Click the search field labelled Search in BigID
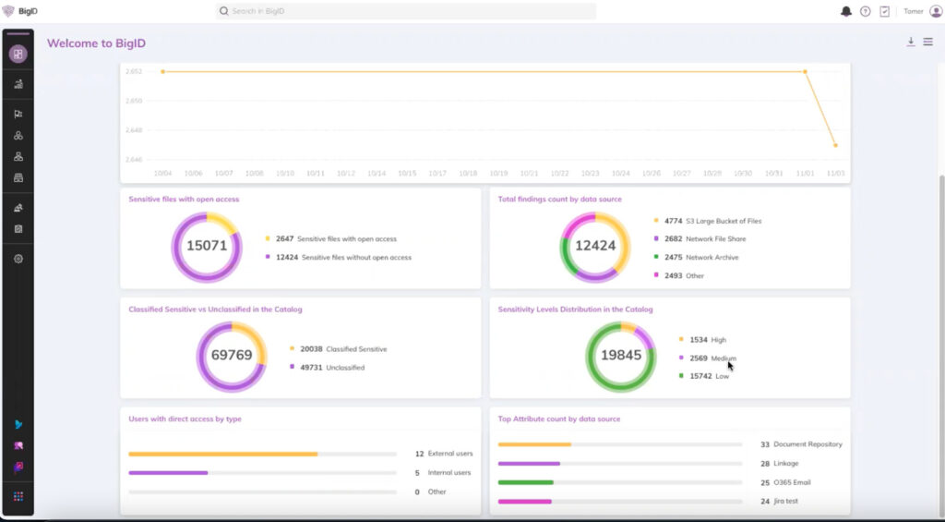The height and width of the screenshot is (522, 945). (x=406, y=11)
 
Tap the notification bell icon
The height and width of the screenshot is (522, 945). (x=846, y=11)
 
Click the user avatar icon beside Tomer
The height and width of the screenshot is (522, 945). (x=936, y=11)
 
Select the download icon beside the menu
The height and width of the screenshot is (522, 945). (x=911, y=42)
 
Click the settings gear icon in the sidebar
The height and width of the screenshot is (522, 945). (x=18, y=259)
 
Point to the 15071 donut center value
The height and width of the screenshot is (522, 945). (x=207, y=246)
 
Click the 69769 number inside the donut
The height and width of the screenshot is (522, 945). (x=232, y=355)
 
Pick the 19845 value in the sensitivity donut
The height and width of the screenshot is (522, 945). (x=621, y=355)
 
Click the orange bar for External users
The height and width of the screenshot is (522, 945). (x=222, y=455)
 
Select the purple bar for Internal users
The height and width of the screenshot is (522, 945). (x=168, y=473)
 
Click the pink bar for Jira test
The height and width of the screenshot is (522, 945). (x=524, y=502)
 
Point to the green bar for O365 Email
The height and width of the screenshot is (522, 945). (x=525, y=482)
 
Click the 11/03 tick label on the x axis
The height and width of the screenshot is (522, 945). (x=834, y=173)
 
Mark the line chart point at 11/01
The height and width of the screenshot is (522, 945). (x=805, y=71)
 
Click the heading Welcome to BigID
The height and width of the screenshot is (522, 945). (x=96, y=43)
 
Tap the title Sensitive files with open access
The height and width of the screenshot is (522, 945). (x=184, y=199)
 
